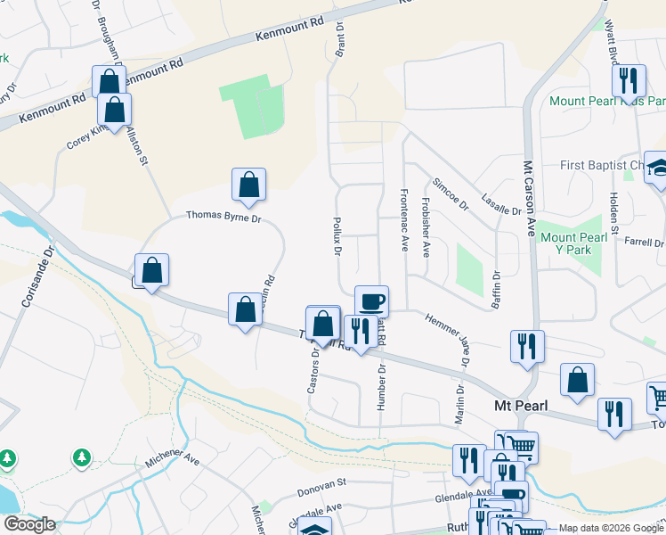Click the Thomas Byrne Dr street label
pyautogui.click(x=223, y=217)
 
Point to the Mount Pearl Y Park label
pyautogui.click(x=578, y=243)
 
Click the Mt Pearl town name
pyautogui.click(x=519, y=406)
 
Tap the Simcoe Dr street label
pyautogui.click(x=450, y=193)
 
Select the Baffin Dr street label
pyautogui.click(x=496, y=290)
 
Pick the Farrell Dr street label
pyautogui.click(x=645, y=243)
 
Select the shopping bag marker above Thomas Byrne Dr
pyautogui.click(x=249, y=185)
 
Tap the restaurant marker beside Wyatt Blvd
pyautogui.click(x=631, y=81)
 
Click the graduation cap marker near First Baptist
pyautogui.click(x=659, y=168)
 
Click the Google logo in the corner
pyautogui.click(x=29, y=524)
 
